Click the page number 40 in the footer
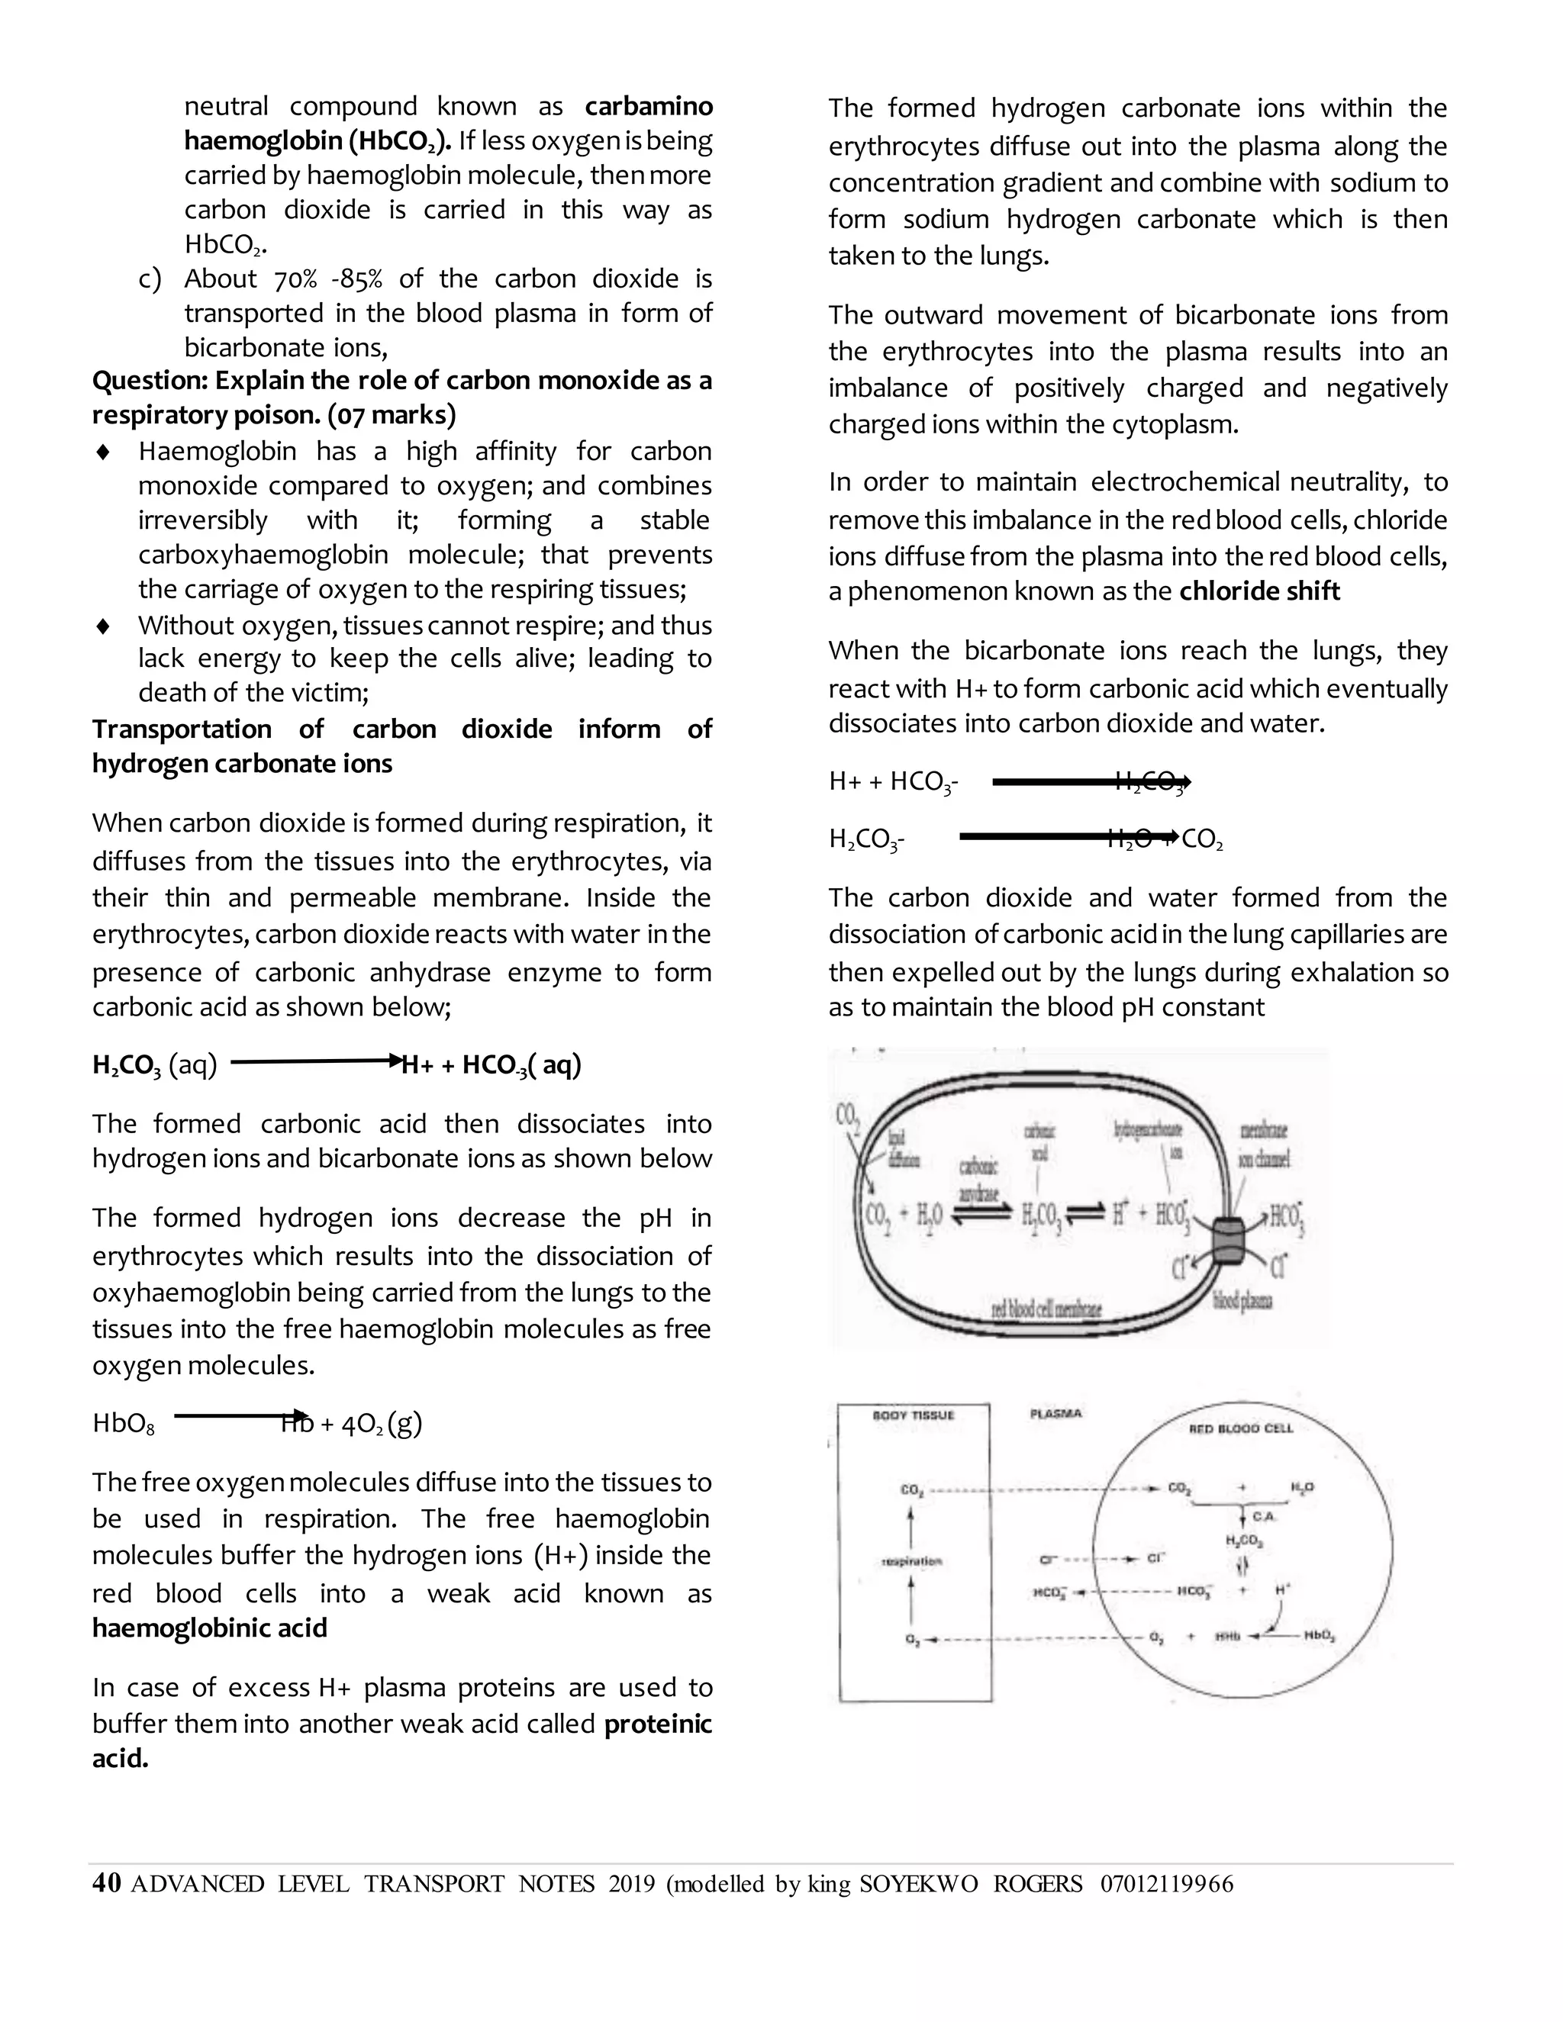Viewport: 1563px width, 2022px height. (107, 1883)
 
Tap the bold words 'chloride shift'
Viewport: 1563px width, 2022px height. (1259, 591)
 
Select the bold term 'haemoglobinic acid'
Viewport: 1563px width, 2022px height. (209, 1628)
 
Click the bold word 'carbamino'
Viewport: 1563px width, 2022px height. (648, 107)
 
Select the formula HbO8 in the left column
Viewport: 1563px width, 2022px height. (123, 1423)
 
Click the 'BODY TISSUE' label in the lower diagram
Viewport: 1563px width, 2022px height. (913, 1415)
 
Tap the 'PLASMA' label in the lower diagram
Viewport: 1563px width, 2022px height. (1055, 1414)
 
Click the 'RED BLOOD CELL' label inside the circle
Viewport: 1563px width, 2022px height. (1241, 1428)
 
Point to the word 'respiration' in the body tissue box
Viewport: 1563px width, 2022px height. (912, 1561)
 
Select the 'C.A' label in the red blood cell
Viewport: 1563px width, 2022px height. (1264, 1517)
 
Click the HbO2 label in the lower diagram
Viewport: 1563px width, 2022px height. (1320, 1637)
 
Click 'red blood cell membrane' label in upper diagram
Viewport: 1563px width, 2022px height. (1046, 1309)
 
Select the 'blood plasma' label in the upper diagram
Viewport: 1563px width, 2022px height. (1242, 1302)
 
